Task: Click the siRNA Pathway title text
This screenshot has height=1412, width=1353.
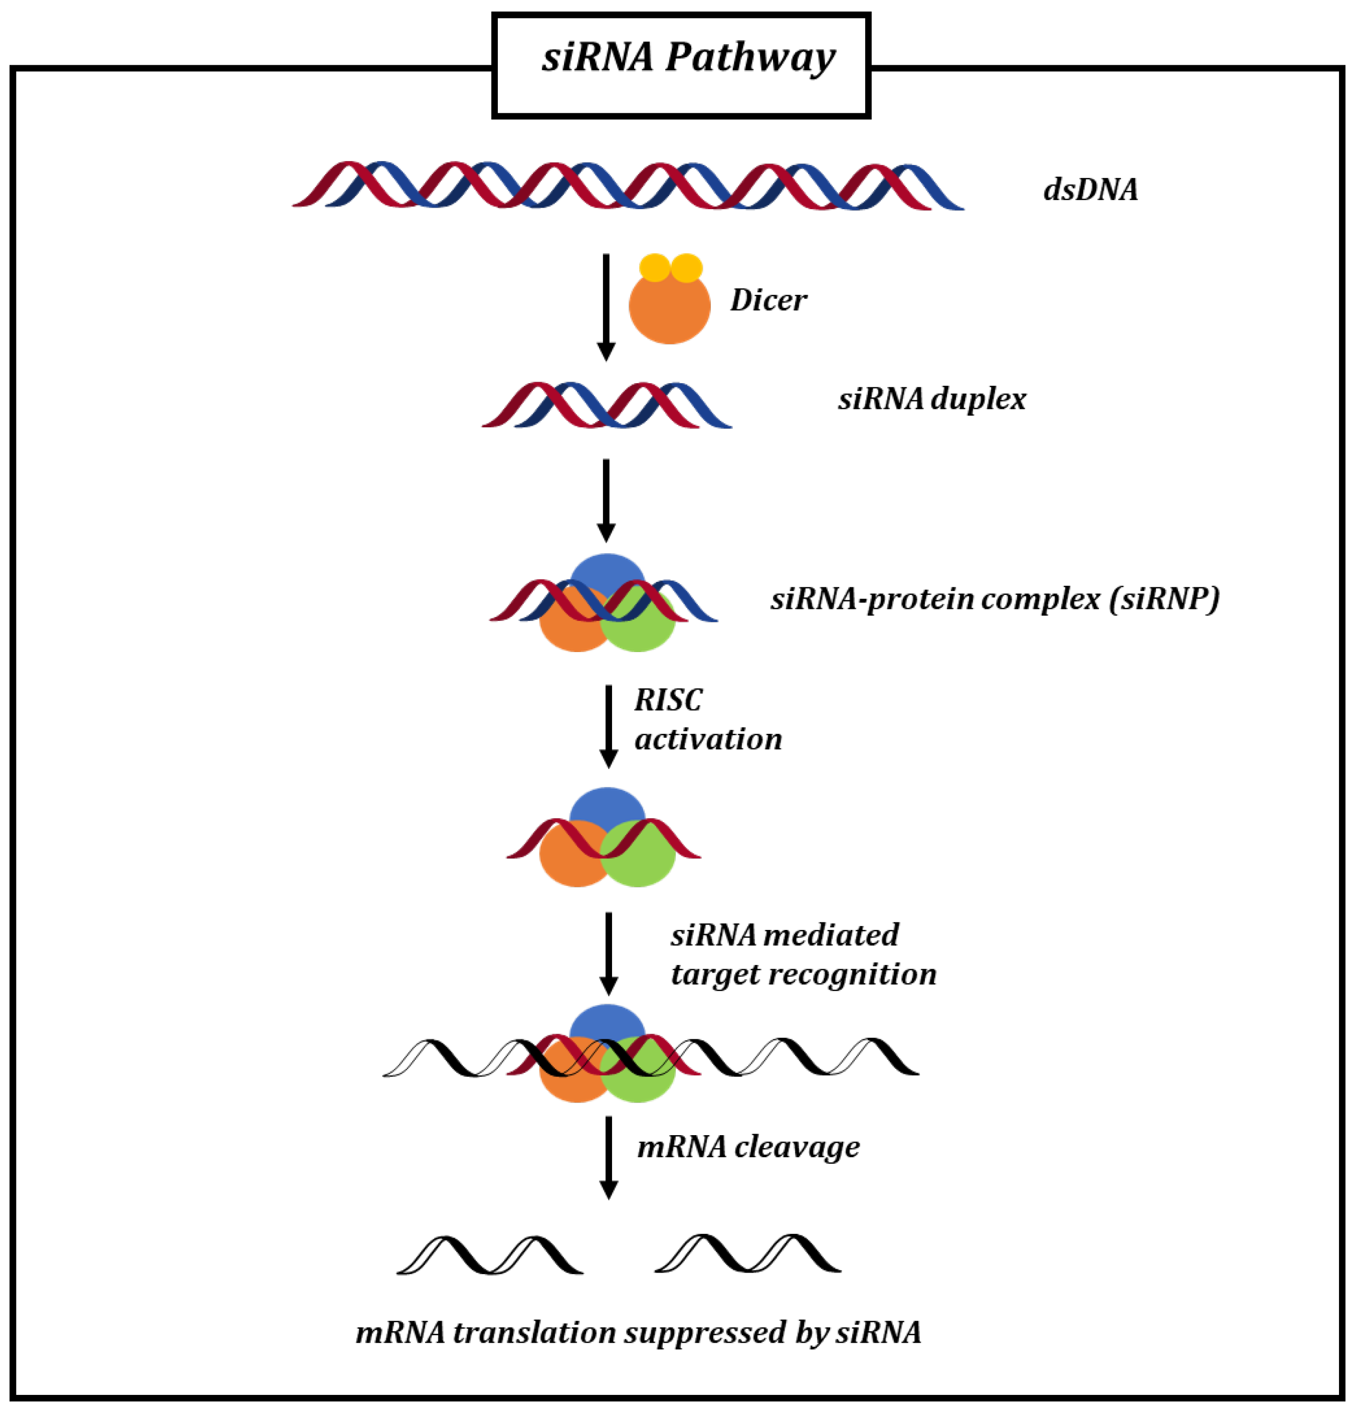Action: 688,58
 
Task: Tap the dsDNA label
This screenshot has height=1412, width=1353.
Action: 1090,190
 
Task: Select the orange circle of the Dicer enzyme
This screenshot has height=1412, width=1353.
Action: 669,310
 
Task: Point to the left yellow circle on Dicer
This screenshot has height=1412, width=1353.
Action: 655,267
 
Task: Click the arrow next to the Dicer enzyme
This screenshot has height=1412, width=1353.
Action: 606,306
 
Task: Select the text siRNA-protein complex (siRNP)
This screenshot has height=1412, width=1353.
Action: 995,599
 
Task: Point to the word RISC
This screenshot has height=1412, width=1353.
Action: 668,700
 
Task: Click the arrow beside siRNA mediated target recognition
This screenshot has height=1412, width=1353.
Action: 609,953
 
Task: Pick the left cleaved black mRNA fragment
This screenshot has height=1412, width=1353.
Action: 490,1256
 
